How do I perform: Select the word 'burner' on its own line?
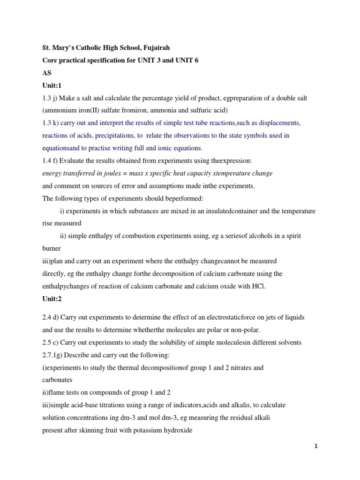coord(52,248)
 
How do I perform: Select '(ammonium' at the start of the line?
coord(59,111)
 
